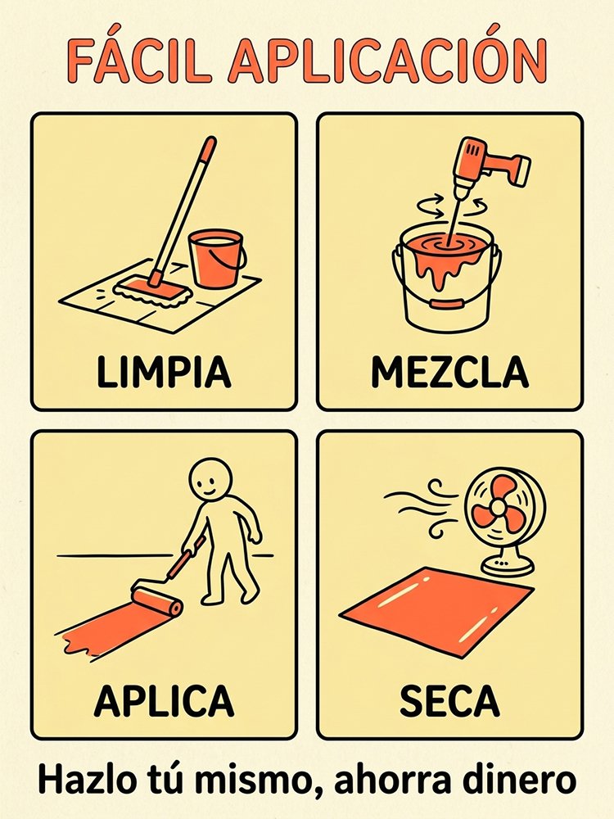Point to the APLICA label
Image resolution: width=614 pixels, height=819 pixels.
(x=164, y=700)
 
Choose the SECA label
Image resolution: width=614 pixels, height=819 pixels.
(x=449, y=700)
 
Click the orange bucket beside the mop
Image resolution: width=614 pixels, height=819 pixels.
(x=215, y=259)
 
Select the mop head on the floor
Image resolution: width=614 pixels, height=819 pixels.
(x=153, y=292)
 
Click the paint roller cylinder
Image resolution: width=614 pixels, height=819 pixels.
(x=156, y=600)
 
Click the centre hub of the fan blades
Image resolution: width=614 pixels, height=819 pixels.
(x=498, y=506)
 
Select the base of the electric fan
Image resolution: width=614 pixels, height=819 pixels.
(x=508, y=563)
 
